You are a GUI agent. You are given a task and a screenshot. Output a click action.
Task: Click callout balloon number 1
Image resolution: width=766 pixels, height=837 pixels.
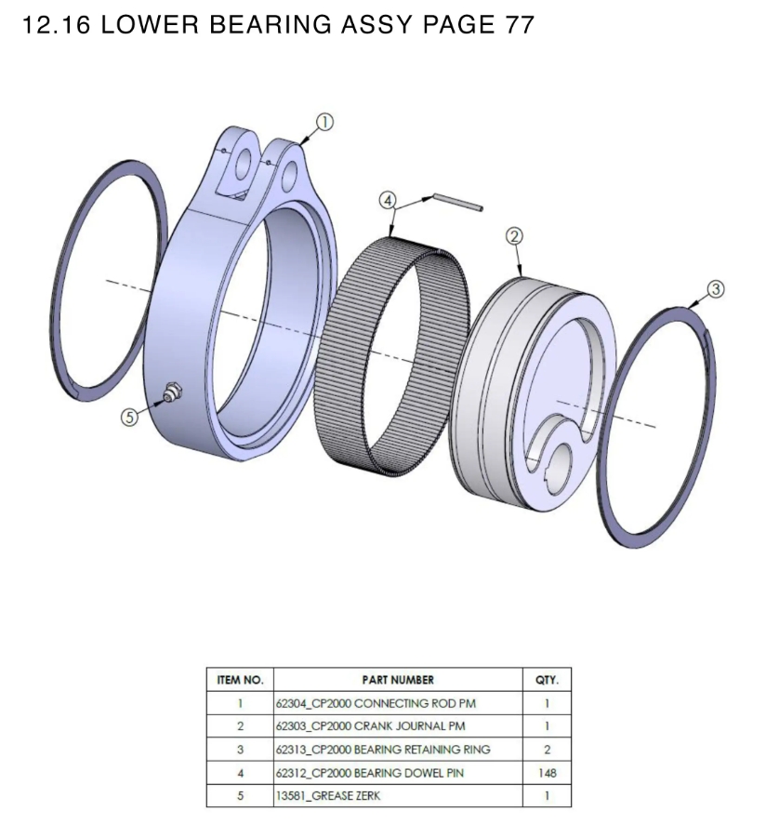324,122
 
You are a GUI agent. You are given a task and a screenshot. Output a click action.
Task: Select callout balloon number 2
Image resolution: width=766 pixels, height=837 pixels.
514,236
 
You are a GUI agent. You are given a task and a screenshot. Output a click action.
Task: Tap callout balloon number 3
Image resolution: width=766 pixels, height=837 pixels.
715,289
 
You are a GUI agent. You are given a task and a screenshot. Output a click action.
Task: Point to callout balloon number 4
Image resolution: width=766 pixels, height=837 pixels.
388,200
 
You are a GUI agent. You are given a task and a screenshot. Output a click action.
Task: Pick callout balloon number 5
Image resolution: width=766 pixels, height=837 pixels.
131,418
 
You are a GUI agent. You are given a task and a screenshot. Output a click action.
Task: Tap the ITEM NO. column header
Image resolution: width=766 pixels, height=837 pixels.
240,680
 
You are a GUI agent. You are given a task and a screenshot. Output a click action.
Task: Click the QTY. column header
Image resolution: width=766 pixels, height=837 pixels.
547,680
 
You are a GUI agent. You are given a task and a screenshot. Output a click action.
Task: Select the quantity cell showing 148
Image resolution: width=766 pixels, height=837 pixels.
547,773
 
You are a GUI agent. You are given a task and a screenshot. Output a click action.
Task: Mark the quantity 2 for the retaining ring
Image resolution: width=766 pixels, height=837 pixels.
547,750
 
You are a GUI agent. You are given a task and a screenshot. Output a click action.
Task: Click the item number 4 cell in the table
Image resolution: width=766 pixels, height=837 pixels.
240,773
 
